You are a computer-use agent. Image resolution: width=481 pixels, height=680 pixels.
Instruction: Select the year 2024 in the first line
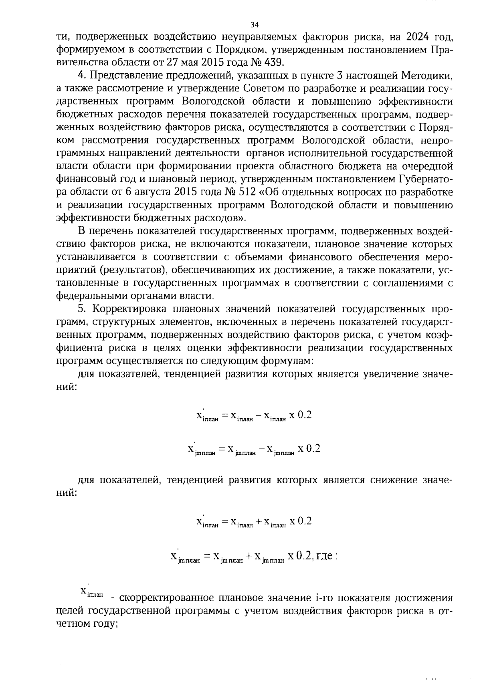[x=407, y=37]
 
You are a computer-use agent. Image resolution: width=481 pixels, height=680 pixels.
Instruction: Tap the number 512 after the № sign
[x=246, y=192]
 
